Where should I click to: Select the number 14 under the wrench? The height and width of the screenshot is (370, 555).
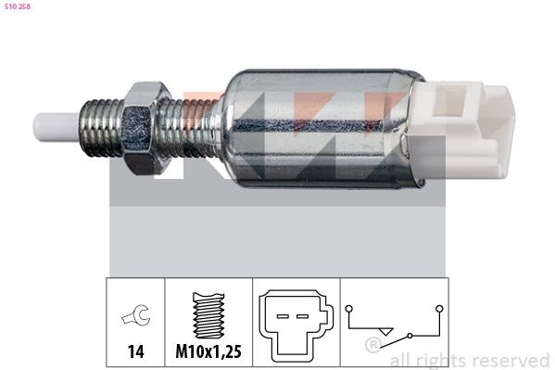pyautogui.click(x=134, y=352)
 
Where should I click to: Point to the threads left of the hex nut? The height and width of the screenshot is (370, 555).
pyautogui.click(x=104, y=126)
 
